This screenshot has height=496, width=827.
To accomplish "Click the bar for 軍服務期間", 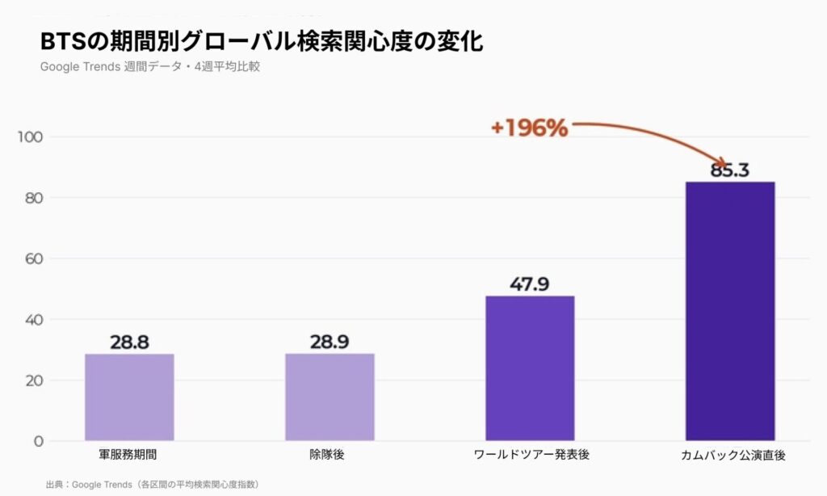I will tap(129, 397).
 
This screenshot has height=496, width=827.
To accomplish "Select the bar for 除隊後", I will tap(330, 397).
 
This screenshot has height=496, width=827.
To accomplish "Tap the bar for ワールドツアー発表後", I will tap(530, 368).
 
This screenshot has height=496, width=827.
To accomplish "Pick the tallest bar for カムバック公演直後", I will tap(730, 311).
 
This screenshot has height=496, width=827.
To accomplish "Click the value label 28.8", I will tap(129, 342).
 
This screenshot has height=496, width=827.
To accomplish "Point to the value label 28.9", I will tap(330, 342).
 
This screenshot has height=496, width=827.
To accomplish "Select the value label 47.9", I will tap(530, 284).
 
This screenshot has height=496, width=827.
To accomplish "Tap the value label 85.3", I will tap(730, 170).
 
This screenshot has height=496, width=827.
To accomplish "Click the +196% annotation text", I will tap(529, 128).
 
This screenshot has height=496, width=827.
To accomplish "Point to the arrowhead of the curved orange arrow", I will tap(724, 163).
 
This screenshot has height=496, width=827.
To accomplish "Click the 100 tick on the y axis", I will tap(30, 137).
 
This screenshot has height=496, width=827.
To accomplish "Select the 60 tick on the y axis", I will tap(32, 259).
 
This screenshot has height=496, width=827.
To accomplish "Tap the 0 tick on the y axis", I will tap(37, 441).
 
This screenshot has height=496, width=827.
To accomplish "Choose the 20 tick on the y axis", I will tap(32, 380).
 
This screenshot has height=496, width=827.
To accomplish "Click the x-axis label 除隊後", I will tap(329, 455).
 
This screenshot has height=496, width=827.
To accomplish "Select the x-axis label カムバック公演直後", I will tap(729, 456).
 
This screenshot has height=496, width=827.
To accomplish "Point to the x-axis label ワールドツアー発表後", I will tap(530, 455).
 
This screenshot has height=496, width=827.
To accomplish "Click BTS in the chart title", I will tap(62, 41).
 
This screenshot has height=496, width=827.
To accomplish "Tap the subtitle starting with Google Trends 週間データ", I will tap(149, 67).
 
